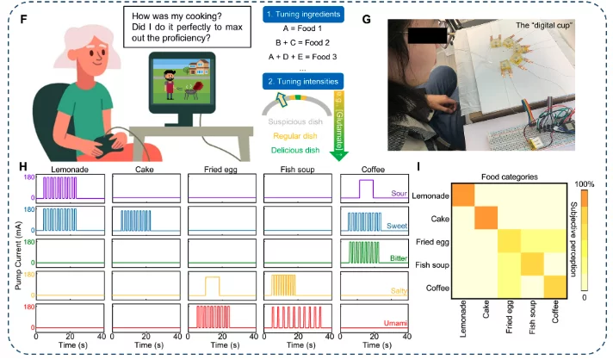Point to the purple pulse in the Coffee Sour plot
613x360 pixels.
(365, 188)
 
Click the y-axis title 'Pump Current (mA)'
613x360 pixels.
(10, 253)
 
